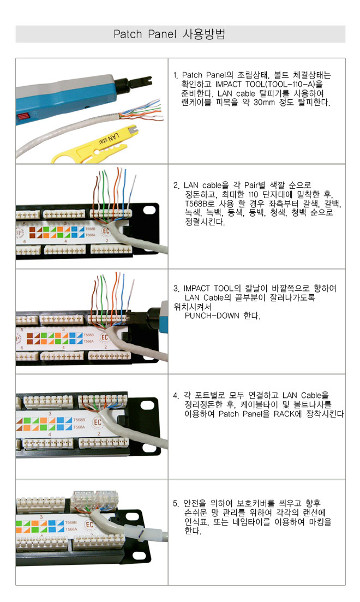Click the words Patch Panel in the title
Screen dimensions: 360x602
point(145,34)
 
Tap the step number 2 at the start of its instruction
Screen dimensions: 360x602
point(176,186)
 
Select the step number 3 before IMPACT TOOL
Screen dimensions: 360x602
point(176,288)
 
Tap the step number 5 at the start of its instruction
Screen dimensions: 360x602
point(176,504)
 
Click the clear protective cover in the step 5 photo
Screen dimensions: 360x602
point(95,499)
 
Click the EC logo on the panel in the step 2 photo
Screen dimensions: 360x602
point(105,231)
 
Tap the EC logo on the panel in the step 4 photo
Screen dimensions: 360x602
point(98,422)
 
